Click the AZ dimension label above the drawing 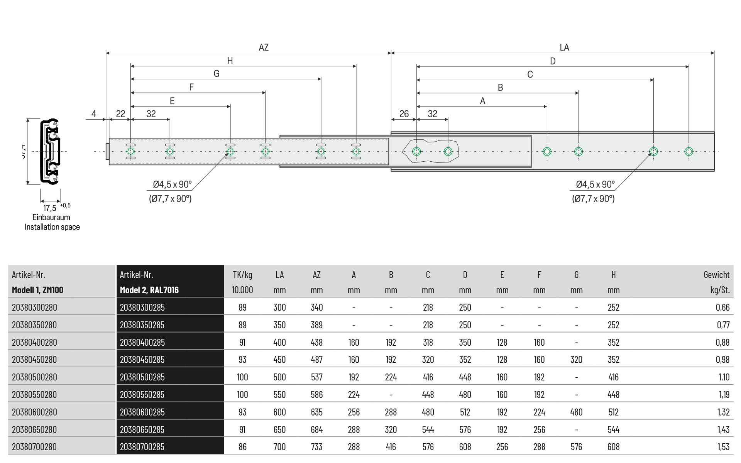pos(264,47)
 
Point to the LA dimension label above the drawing pos(564,47)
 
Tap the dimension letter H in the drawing pos(230,61)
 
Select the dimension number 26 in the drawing pos(404,114)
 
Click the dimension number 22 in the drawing pos(120,114)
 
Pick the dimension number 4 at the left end pos(94,114)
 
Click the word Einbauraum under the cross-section pos(51,217)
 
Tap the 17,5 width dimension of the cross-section pos(50,208)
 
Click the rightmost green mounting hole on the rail pos(689,151)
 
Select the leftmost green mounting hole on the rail pos(130,151)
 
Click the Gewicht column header pos(716,275)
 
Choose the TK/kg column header pos(242,275)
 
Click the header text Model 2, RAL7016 pos(149,290)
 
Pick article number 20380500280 pos(34,377)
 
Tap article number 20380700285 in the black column pos(142,447)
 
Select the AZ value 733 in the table pos(316,447)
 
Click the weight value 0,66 pos(722,308)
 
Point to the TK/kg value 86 pos(242,447)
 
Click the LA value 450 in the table pos(279,360)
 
